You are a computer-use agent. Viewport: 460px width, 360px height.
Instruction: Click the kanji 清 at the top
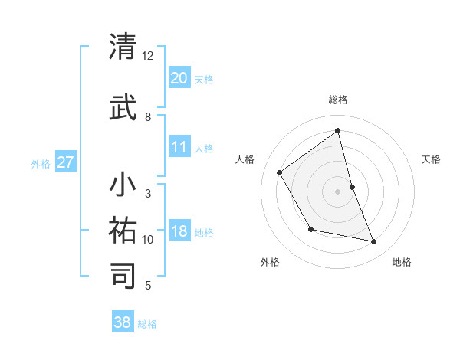coord(123,47)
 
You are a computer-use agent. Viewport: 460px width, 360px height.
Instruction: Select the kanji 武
coord(123,108)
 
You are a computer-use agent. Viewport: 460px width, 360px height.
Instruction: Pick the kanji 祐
coord(123,229)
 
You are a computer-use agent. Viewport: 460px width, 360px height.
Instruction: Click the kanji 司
coord(123,274)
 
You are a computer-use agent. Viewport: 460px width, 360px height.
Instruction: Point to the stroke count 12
coord(148,56)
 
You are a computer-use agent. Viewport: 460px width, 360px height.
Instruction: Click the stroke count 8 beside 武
coord(148,117)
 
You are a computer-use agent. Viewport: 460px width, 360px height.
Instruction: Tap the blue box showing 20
coord(179,78)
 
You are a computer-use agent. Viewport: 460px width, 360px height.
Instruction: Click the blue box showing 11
coord(179,147)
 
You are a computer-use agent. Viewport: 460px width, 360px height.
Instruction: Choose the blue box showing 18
coord(179,232)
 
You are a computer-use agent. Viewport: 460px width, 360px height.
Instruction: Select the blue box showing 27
coord(66,162)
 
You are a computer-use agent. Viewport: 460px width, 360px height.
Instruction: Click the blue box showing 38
coord(123,322)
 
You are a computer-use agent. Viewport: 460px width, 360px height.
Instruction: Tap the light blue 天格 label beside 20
coord(204,80)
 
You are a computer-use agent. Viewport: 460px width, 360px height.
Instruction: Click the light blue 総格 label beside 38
coord(147,324)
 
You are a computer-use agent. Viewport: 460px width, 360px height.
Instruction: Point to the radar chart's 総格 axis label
coord(338,100)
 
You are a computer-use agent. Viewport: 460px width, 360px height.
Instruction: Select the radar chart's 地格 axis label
coord(402,262)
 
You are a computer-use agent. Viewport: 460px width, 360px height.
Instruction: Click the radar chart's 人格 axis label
coord(245,159)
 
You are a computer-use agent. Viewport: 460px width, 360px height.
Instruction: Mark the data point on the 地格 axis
coord(374,242)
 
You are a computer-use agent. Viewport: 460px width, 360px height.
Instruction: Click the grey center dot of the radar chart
coord(338,191)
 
